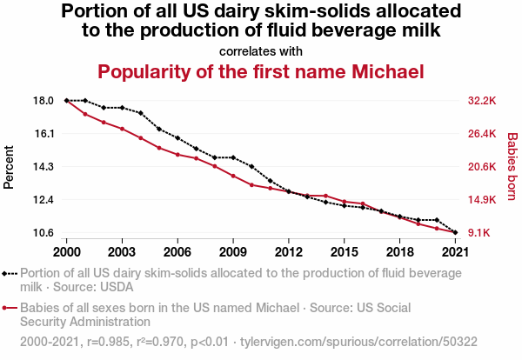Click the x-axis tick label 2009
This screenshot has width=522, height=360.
(x=233, y=251)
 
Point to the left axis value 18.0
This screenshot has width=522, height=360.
(x=43, y=101)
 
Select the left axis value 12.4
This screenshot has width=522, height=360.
(x=43, y=200)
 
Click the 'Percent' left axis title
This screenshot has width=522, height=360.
(x=10, y=166)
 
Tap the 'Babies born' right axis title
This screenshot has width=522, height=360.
(x=512, y=166)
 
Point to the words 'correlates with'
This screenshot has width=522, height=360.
(x=261, y=50)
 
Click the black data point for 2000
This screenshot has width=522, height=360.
(x=67, y=101)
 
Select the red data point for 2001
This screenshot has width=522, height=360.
(x=85, y=114)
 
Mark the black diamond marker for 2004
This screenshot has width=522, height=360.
(x=141, y=113)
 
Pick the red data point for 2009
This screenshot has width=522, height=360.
(x=233, y=176)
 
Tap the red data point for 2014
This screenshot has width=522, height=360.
(x=325, y=196)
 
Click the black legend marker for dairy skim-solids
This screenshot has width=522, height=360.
(x=10, y=273)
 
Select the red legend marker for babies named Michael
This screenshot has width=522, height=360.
(x=10, y=308)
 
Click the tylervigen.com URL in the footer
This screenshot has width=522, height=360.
(x=392, y=343)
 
